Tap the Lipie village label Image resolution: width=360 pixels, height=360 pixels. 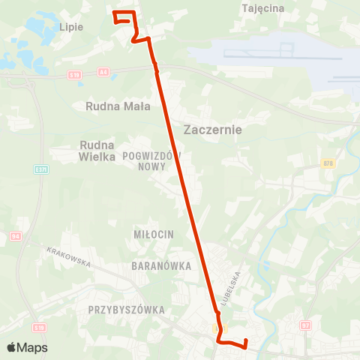click(70, 26)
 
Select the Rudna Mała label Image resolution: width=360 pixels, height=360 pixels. click(118, 106)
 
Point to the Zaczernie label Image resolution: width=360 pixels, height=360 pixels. click(212, 129)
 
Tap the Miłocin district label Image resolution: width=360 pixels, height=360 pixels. click(154, 235)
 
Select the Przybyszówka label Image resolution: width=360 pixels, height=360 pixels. click(125, 309)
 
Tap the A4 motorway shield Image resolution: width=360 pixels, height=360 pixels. click(103, 73)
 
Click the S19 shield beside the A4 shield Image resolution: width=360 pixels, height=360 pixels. click(73, 75)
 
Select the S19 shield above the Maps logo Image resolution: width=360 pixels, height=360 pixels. click(40, 328)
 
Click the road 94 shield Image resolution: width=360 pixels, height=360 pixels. click(16, 237)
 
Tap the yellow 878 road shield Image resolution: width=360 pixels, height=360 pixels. click(328, 163)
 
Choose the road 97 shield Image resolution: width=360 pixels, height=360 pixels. click(305, 325)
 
